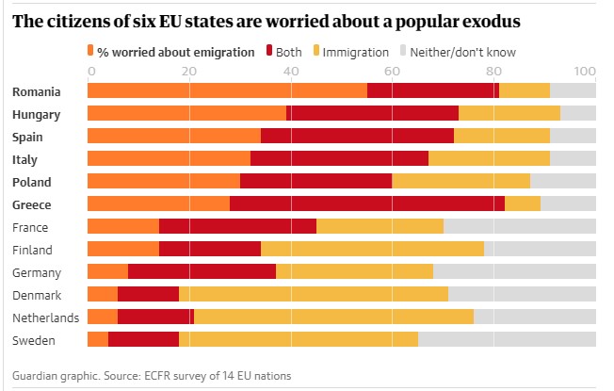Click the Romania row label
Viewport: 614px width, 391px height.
pyautogui.click(x=37, y=91)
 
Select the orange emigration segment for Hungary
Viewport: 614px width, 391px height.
pyautogui.click(x=186, y=114)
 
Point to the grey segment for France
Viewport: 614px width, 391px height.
pyautogui.click(x=519, y=227)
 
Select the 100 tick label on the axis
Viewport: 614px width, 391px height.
pyautogui.click(x=584, y=72)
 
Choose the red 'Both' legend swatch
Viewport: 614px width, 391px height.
pyautogui.click(x=269, y=51)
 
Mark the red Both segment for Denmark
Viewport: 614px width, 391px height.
pyautogui.click(x=148, y=295)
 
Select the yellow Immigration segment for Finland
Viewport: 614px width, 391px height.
pyautogui.click(x=372, y=250)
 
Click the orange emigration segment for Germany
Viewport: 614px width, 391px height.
pyautogui.click(x=107, y=272)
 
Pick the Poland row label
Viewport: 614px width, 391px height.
pyautogui.click(x=32, y=182)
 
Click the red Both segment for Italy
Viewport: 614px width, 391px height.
pyautogui.click(x=339, y=159)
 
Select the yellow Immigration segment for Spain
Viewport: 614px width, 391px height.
pyautogui.click(x=501, y=137)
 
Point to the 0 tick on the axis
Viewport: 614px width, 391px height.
pyautogui.click(x=90, y=72)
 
